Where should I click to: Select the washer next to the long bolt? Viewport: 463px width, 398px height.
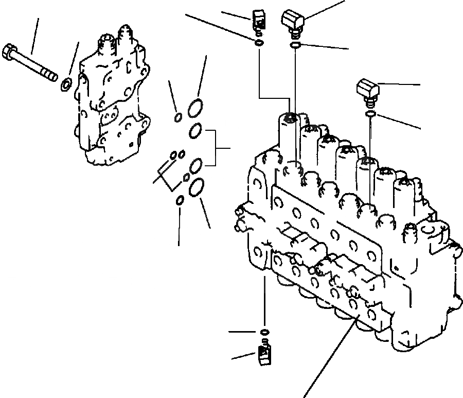tap(66, 84)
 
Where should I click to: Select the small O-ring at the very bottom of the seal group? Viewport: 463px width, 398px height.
tap(180, 200)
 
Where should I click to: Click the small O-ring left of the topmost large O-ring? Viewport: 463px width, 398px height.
tap(177, 117)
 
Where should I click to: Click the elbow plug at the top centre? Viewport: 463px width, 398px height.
tap(293, 22)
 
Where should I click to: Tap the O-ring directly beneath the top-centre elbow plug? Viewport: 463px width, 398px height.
tap(295, 46)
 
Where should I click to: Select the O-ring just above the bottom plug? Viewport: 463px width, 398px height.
tap(264, 331)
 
